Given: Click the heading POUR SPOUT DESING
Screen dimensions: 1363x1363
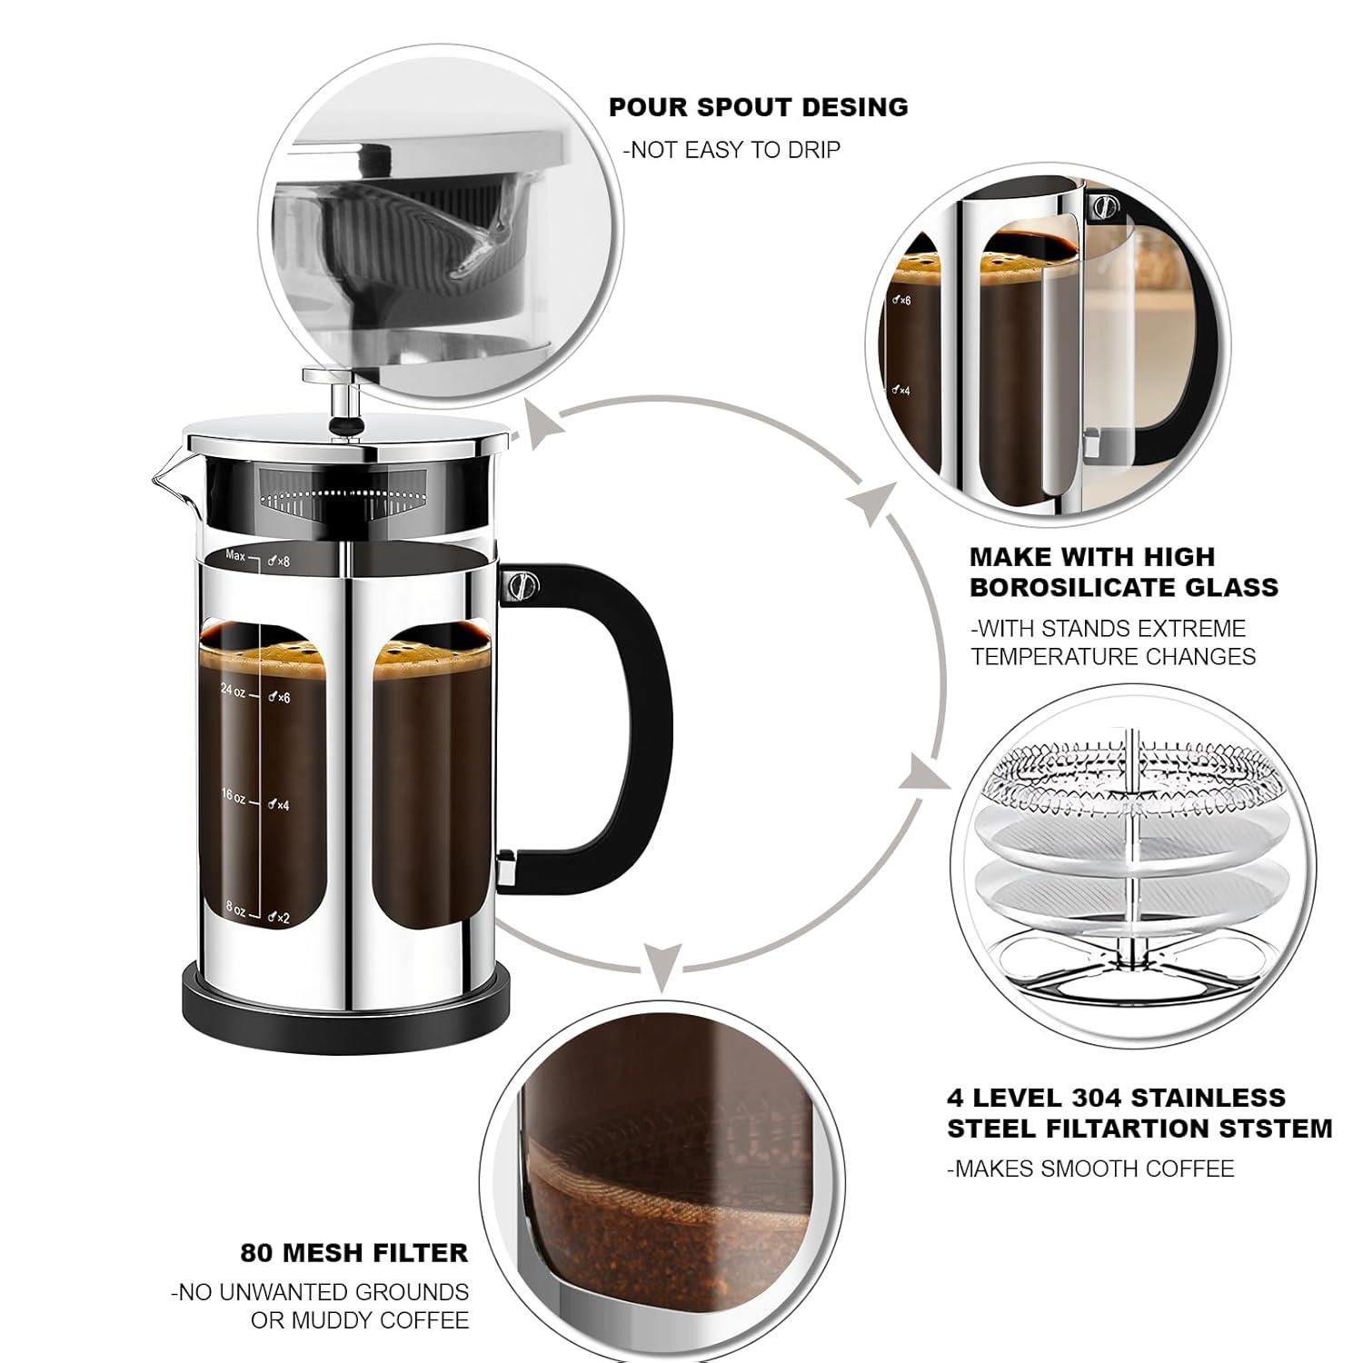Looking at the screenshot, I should coord(758,107).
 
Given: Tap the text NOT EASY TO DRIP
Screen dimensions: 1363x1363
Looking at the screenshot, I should coord(731,150).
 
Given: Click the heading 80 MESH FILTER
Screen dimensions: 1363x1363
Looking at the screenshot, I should coord(353,1253).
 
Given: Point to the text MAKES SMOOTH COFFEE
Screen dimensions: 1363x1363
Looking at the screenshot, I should coord(1090,1169).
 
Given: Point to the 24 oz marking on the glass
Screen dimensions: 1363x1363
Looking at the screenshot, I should coord(233,691).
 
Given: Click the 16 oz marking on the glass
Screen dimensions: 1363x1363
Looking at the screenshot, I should coord(233,797).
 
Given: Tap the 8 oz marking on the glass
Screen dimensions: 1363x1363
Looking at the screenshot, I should coord(235,908).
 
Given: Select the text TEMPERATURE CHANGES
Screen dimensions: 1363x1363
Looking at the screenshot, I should coord(1112,656).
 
